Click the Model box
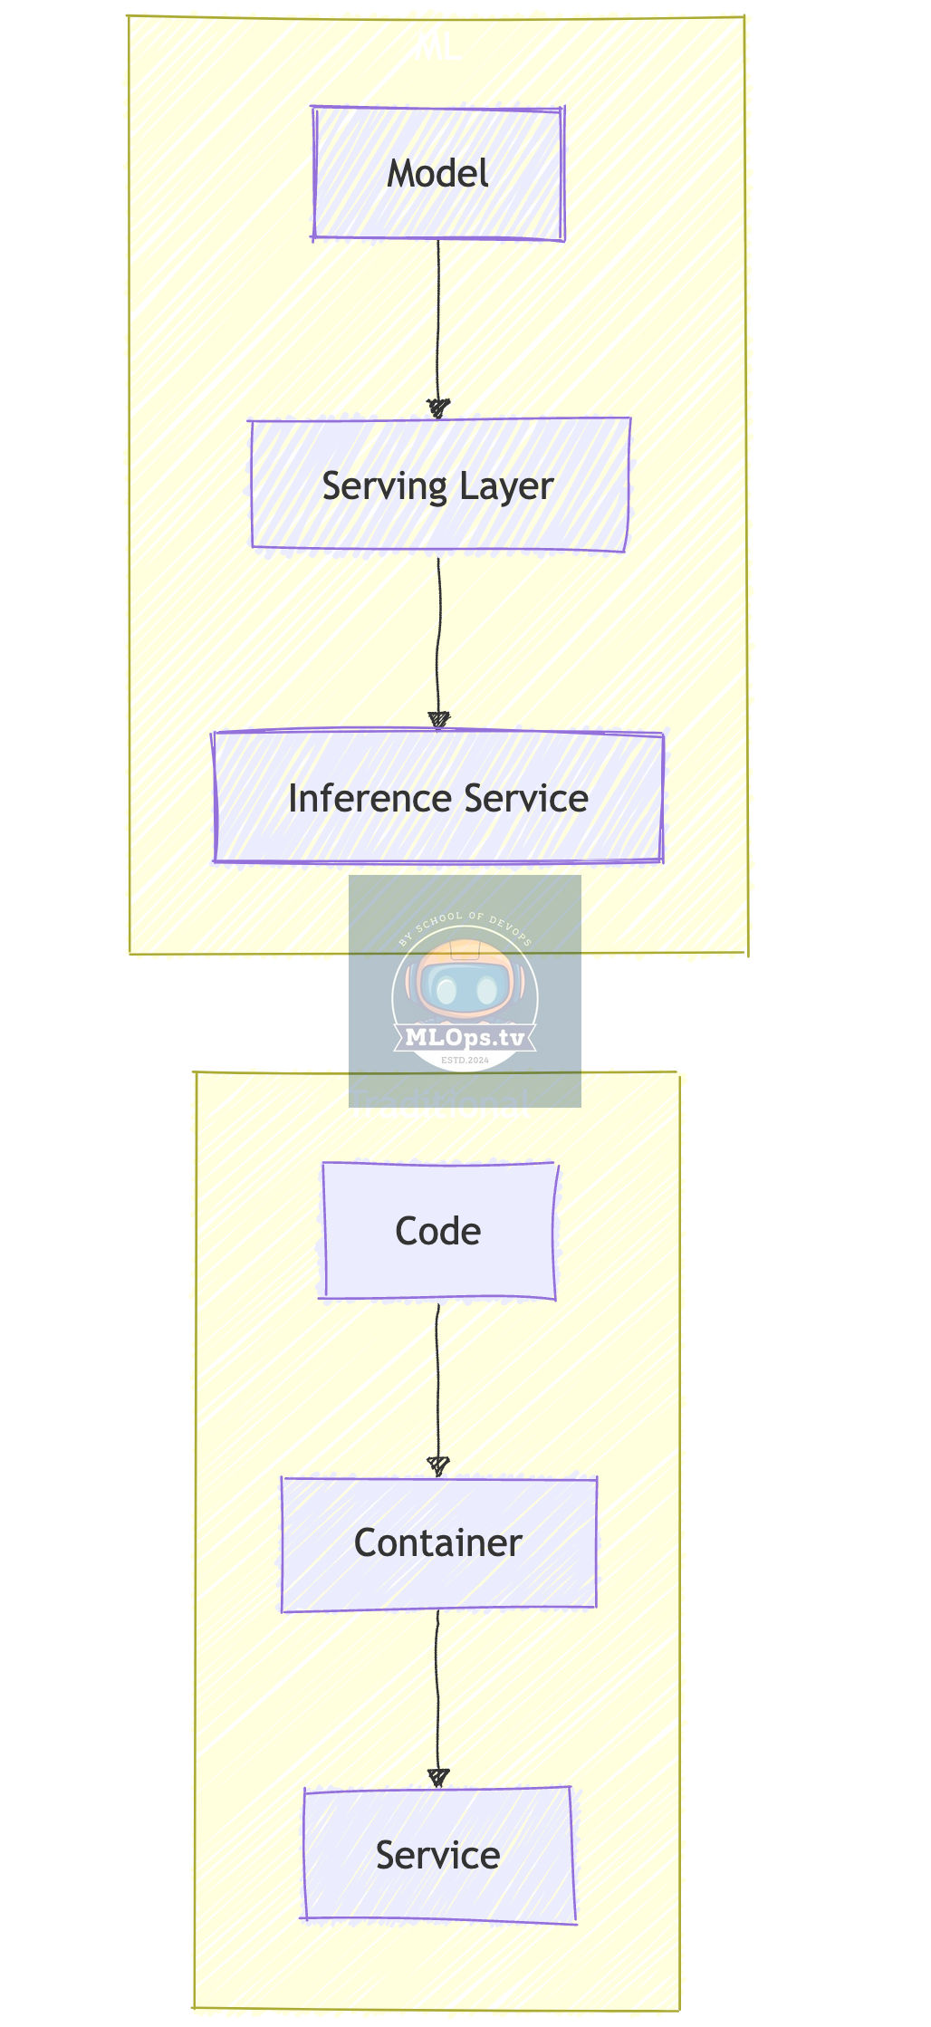(x=438, y=174)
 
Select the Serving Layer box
(x=439, y=485)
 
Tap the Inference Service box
(x=438, y=798)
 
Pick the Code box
(x=438, y=1231)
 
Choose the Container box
(x=438, y=1543)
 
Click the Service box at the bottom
(x=438, y=1855)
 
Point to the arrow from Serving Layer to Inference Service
(x=438, y=634)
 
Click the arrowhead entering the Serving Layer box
(x=438, y=408)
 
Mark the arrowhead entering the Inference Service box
(x=438, y=721)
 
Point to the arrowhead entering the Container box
(x=438, y=1465)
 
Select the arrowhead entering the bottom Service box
(x=438, y=1778)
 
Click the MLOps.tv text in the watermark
(x=465, y=1037)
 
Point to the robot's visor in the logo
(x=465, y=989)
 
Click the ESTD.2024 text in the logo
(x=465, y=1060)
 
